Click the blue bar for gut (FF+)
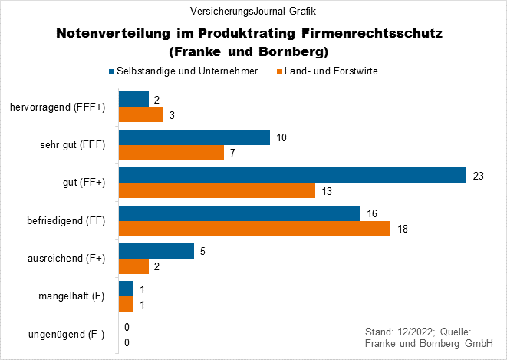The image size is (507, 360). point(292,175)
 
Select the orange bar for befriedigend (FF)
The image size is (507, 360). point(255,228)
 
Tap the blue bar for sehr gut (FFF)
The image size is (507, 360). point(194,137)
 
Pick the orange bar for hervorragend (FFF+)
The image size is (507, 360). point(141,114)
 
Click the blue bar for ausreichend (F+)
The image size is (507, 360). point(156,251)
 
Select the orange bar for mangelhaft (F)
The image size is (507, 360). point(126,304)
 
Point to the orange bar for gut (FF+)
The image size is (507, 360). point(216,190)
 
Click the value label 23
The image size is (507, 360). point(479,176)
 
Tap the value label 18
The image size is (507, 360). point(403,229)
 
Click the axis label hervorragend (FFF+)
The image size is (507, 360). point(58,107)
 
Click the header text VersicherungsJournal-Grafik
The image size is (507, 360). point(253,11)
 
